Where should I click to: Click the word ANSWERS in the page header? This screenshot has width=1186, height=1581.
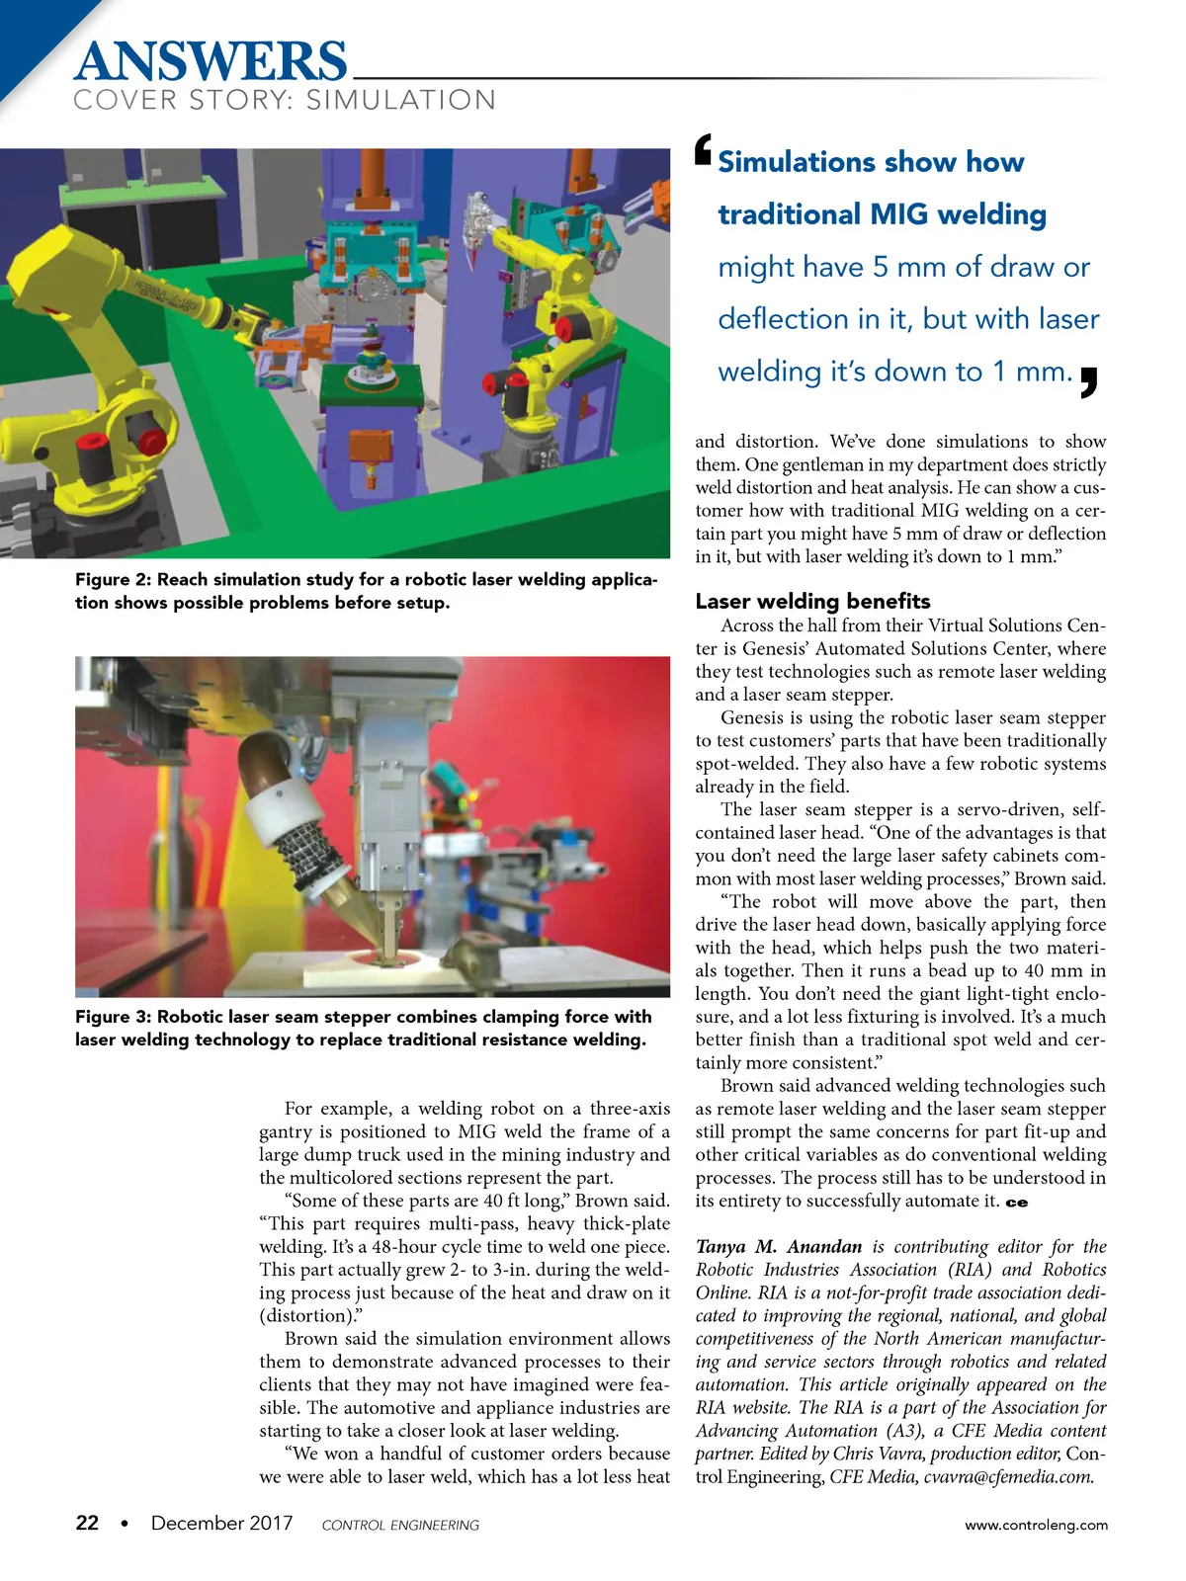tap(211, 61)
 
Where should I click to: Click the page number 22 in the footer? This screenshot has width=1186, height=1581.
tap(87, 1523)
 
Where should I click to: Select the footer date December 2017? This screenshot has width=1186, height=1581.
tap(221, 1523)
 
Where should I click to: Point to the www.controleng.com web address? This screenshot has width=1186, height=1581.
tap(1036, 1525)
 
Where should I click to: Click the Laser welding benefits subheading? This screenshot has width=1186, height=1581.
tap(812, 601)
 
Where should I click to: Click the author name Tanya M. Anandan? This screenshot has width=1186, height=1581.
tap(779, 1247)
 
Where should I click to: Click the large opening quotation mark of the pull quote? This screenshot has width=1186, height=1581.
tap(703, 150)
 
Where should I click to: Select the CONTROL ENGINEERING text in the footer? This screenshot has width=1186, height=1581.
tap(400, 1526)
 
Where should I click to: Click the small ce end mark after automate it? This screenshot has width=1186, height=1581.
tap(1017, 1203)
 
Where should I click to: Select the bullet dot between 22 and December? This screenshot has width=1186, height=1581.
tap(124, 1524)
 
